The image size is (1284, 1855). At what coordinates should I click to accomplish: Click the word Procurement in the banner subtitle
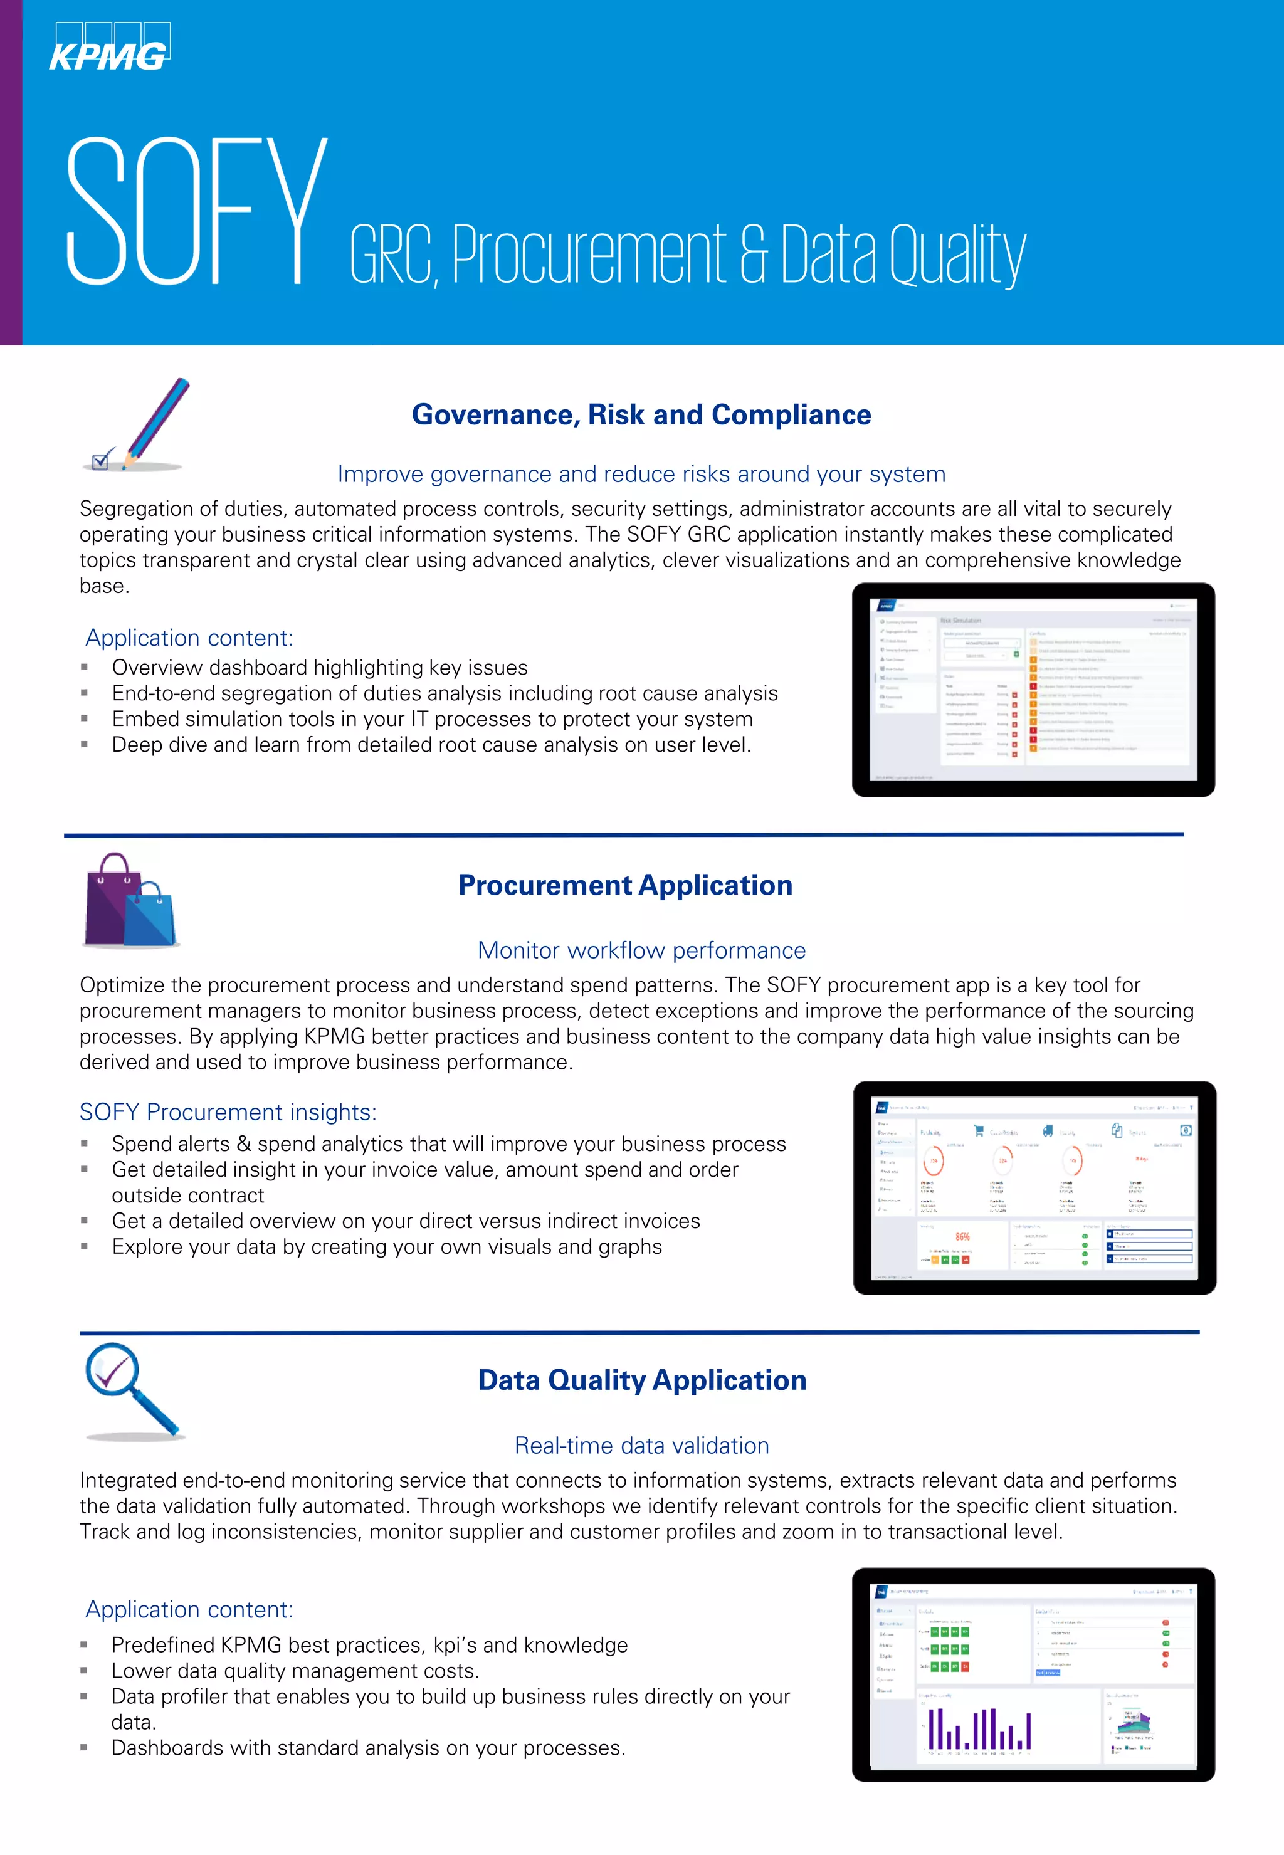(589, 255)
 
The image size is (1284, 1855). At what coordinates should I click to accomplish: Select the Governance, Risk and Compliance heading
(641, 415)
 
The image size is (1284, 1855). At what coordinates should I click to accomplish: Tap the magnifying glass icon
(133, 1392)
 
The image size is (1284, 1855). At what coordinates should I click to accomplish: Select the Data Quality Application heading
(642, 1380)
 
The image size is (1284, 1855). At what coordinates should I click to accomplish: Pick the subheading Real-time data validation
(641, 1446)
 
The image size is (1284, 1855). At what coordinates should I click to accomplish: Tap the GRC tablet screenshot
(1033, 690)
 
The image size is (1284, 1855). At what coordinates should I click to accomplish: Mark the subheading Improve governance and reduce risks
(641, 475)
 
